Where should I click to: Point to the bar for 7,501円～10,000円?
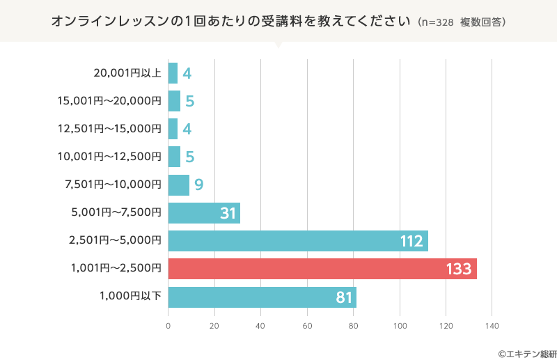178,185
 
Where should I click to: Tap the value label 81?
344,297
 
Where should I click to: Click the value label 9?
198,185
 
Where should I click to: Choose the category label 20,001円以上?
127,72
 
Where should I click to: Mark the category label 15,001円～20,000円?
109,100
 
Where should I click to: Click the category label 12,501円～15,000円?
109,128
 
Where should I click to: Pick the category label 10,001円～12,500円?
109,156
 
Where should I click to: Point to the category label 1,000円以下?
131,297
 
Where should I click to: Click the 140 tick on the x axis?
492,326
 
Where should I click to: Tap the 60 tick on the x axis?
307,326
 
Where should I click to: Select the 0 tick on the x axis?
168,326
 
